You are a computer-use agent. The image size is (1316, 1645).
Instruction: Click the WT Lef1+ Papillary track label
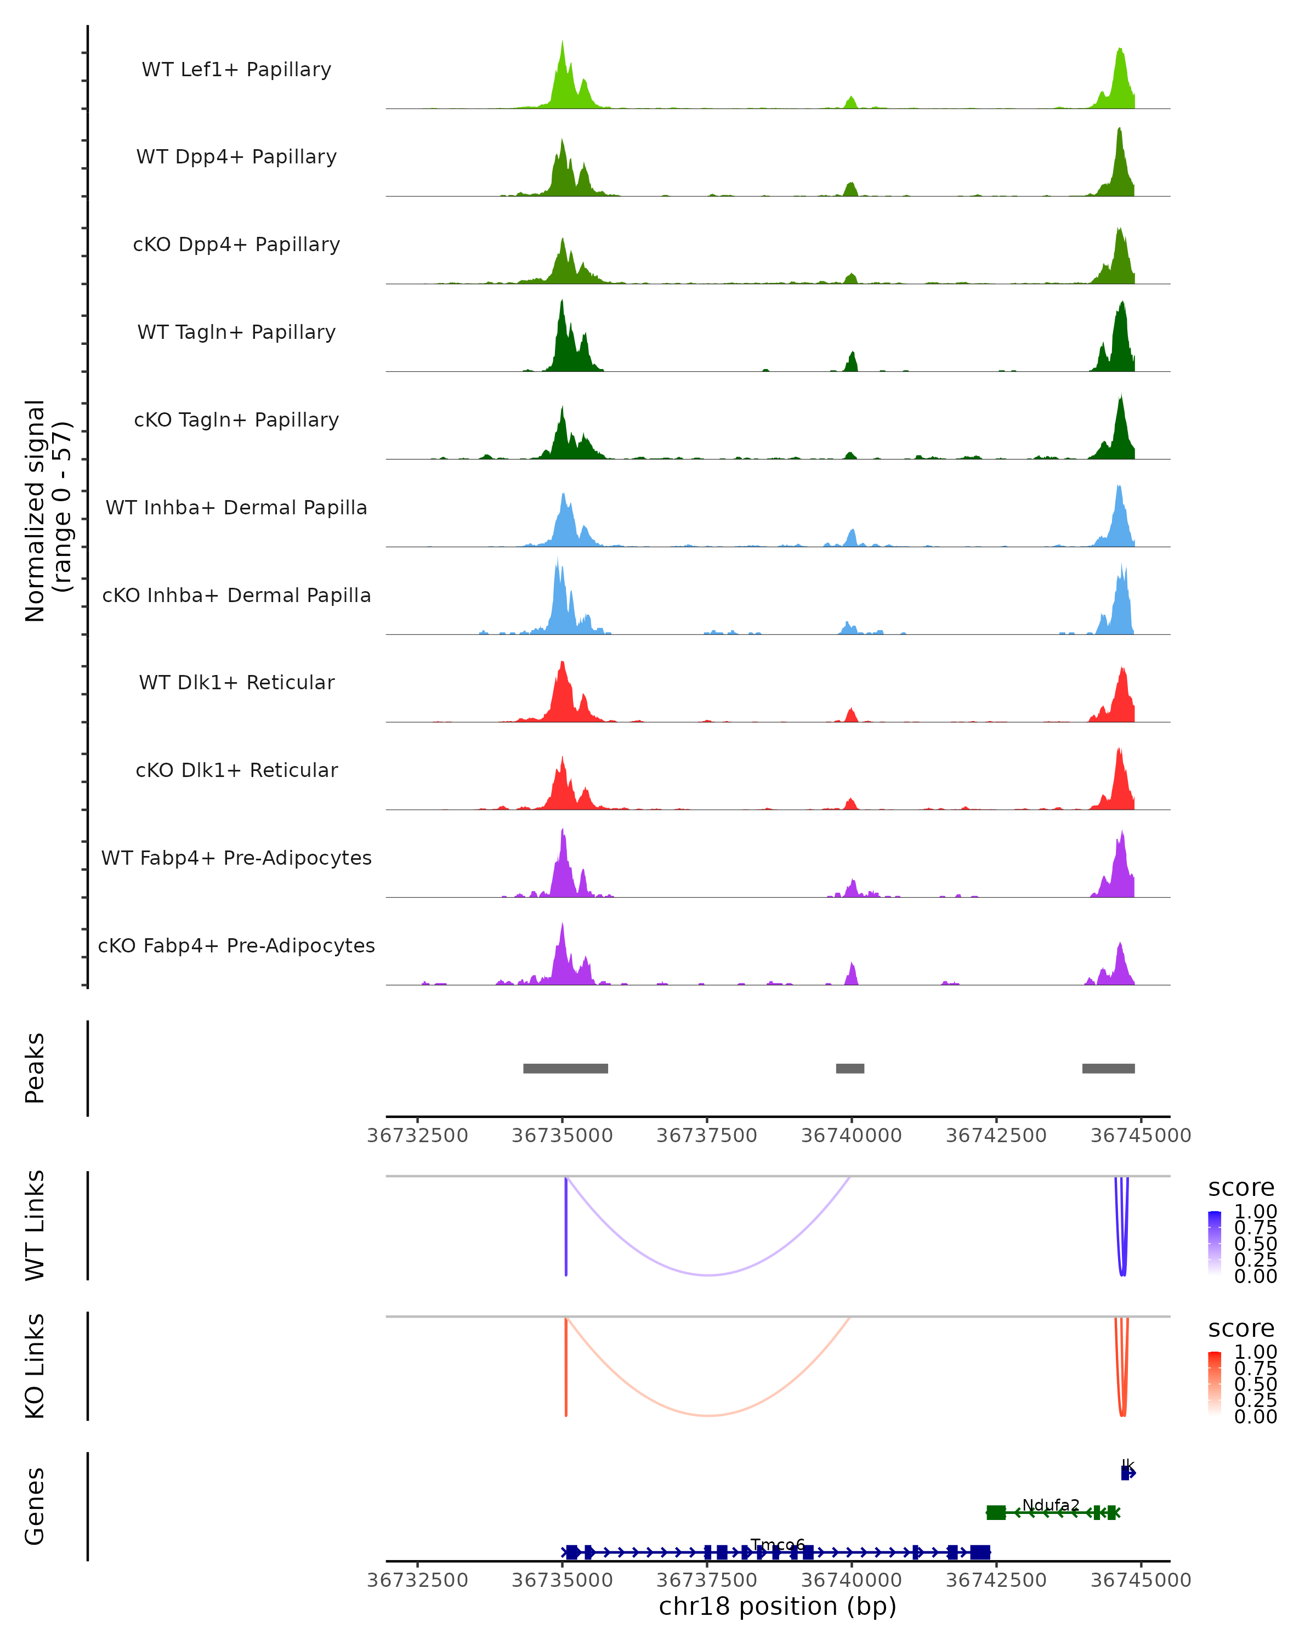pyautogui.click(x=236, y=70)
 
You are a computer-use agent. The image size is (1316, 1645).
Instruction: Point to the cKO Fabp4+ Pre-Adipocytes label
pyautogui.click(x=236, y=945)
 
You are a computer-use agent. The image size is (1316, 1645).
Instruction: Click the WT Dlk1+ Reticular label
pyautogui.click(x=236, y=682)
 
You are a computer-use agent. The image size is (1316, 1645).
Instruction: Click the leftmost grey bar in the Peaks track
pyautogui.click(x=565, y=1068)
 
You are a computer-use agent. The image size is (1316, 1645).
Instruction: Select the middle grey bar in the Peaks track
pyautogui.click(x=850, y=1068)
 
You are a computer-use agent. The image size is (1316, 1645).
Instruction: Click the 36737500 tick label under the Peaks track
pyautogui.click(x=706, y=1136)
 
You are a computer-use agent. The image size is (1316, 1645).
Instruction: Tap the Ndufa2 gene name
pyautogui.click(x=1051, y=1505)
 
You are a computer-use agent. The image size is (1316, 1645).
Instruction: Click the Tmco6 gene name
pyautogui.click(x=778, y=1545)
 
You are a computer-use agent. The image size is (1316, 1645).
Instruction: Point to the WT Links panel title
pyautogui.click(x=35, y=1224)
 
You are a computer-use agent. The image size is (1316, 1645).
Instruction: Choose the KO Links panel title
pyautogui.click(x=35, y=1366)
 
